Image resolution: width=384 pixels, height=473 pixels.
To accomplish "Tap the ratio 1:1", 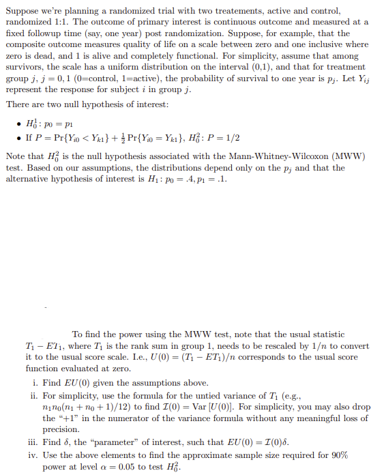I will pos(52,22).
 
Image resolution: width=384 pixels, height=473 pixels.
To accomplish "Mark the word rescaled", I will pos(274,345).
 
